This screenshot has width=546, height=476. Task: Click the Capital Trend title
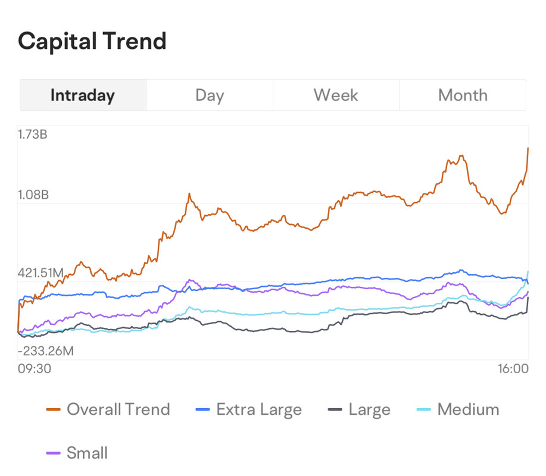click(92, 42)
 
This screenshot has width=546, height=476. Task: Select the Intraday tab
click(83, 95)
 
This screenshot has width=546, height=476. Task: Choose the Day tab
click(210, 95)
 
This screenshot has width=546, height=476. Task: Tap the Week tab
click(336, 95)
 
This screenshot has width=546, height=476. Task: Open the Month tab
click(463, 95)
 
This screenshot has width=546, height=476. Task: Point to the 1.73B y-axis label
click(33, 134)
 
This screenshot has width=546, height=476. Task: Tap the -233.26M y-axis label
click(46, 351)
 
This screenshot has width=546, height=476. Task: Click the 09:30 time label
click(35, 369)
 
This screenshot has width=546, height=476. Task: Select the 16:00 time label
click(513, 369)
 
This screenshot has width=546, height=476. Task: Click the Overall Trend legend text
click(118, 409)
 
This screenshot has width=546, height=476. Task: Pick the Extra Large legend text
click(259, 409)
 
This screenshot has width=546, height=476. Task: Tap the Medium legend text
click(468, 409)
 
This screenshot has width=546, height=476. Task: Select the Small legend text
click(87, 453)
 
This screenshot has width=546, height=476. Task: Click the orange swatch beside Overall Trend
click(54, 410)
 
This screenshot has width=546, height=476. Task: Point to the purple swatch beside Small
click(54, 453)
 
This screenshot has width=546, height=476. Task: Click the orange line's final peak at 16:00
click(528, 148)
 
